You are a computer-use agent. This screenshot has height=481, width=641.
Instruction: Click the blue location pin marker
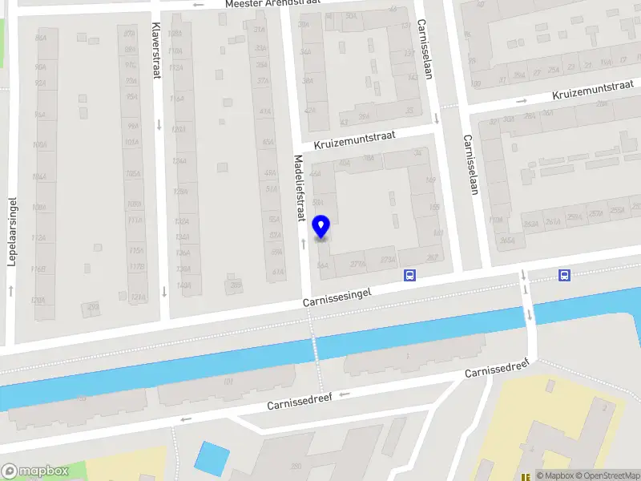coord(321,227)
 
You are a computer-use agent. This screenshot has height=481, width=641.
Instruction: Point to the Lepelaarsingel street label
coord(12,232)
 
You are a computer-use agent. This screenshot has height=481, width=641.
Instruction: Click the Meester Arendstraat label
coord(272,4)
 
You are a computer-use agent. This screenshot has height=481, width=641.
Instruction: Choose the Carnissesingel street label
coord(338,297)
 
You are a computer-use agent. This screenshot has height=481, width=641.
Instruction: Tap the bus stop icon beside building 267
coord(409,275)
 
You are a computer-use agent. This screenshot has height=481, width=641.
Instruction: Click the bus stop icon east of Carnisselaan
coord(565,275)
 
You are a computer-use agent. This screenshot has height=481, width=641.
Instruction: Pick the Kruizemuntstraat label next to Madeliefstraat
coord(356,143)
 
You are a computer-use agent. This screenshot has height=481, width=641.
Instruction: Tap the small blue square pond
coord(212,458)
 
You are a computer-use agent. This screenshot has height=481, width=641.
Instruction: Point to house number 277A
coord(357,262)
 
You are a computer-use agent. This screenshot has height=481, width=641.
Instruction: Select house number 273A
coord(388,260)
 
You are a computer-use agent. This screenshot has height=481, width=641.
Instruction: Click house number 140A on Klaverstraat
coord(183,285)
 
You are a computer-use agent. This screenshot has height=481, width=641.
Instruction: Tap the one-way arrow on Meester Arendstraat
coord(199,5)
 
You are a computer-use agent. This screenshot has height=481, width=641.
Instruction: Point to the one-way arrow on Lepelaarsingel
coord(11,289)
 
